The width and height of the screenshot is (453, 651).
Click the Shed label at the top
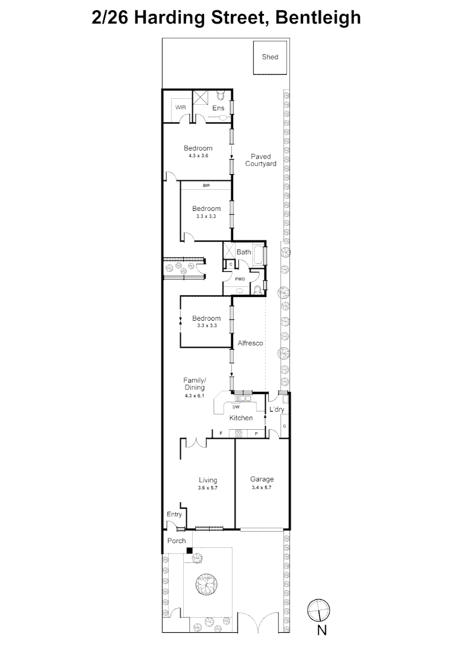pos(270,57)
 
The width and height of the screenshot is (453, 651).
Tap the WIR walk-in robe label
pos(180,107)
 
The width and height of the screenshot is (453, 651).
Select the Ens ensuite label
pos(218,108)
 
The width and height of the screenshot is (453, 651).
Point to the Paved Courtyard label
pos(260,160)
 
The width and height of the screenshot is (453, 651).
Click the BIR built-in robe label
pos(206,186)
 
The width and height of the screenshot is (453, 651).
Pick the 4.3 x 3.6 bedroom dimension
pos(198,156)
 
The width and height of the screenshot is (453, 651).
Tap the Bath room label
pos(243,252)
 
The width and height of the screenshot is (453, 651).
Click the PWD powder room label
pos(240,280)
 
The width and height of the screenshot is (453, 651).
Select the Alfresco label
pos(250,342)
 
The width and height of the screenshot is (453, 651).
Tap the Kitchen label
pos(241,418)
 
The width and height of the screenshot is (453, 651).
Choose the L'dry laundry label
pos(276,410)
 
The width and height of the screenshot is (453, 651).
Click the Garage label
pos(262,480)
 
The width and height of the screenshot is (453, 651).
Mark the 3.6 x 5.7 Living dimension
pos(208,487)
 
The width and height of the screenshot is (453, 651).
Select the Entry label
pos(174,514)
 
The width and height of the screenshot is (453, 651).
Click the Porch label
pos(177,541)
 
